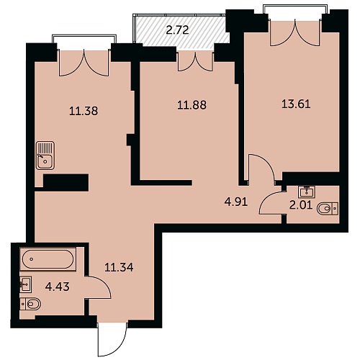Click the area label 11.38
[x=84, y=111]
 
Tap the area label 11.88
[x=192, y=105]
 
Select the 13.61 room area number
[x=296, y=104]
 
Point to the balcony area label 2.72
[x=178, y=30]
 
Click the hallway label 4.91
[x=236, y=202]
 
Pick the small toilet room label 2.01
[x=301, y=205]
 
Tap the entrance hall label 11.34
[x=119, y=267]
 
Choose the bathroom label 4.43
[x=58, y=287]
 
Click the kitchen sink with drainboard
[x=45, y=156]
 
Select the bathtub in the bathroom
[x=48, y=259]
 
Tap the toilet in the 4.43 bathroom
[x=30, y=304]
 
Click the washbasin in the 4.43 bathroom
[x=26, y=284]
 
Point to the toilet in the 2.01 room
[x=328, y=209]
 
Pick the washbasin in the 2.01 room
[x=307, y=192]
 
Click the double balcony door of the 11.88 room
[x=195, y=62]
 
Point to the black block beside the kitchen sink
[x=66, y=183]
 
